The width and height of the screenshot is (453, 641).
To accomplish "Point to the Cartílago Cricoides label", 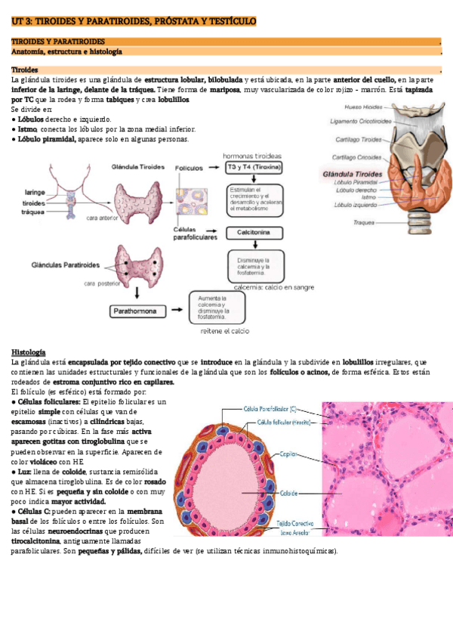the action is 361,157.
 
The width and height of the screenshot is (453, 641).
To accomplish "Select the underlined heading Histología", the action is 28,352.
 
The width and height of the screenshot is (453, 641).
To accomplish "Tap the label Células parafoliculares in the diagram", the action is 195,233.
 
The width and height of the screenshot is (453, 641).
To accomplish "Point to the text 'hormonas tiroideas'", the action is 251,155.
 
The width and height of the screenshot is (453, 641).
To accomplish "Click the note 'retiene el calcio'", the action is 224,330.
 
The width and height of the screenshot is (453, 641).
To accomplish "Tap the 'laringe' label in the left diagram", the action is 34,192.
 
